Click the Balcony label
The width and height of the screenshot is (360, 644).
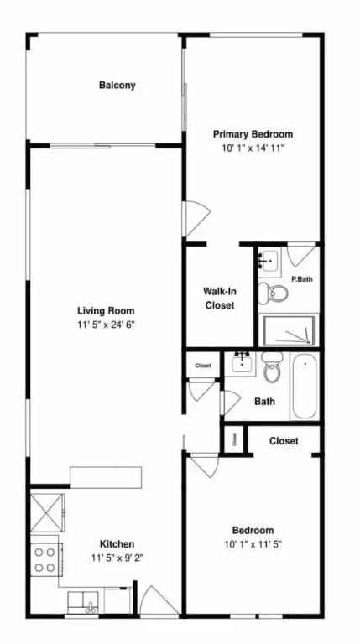(x=117, y=86)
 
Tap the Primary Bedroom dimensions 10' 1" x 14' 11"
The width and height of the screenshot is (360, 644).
(x=253, y=148)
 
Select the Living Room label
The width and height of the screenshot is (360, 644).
(x=106, y=310)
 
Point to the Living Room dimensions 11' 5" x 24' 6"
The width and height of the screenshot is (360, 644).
(x=106, y=325)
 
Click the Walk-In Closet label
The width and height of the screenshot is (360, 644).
(x=220, y=299)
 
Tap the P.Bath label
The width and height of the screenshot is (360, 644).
(x=302, y=279)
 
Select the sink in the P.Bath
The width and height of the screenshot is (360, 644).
(x=269, y=261)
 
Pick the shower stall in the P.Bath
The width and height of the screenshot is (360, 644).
(x=289, y=330)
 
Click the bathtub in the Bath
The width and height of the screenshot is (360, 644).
(x=305, y=386)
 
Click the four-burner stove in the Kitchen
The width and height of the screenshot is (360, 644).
(x=46, y=559)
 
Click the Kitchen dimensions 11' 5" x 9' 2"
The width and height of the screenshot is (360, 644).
(x=117, y=558)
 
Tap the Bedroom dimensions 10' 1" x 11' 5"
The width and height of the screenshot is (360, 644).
(x=253, y=544)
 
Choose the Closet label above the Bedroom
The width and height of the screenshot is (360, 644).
(x=284, y=441)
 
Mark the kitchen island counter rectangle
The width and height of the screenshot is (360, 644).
(x=106, y=477)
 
